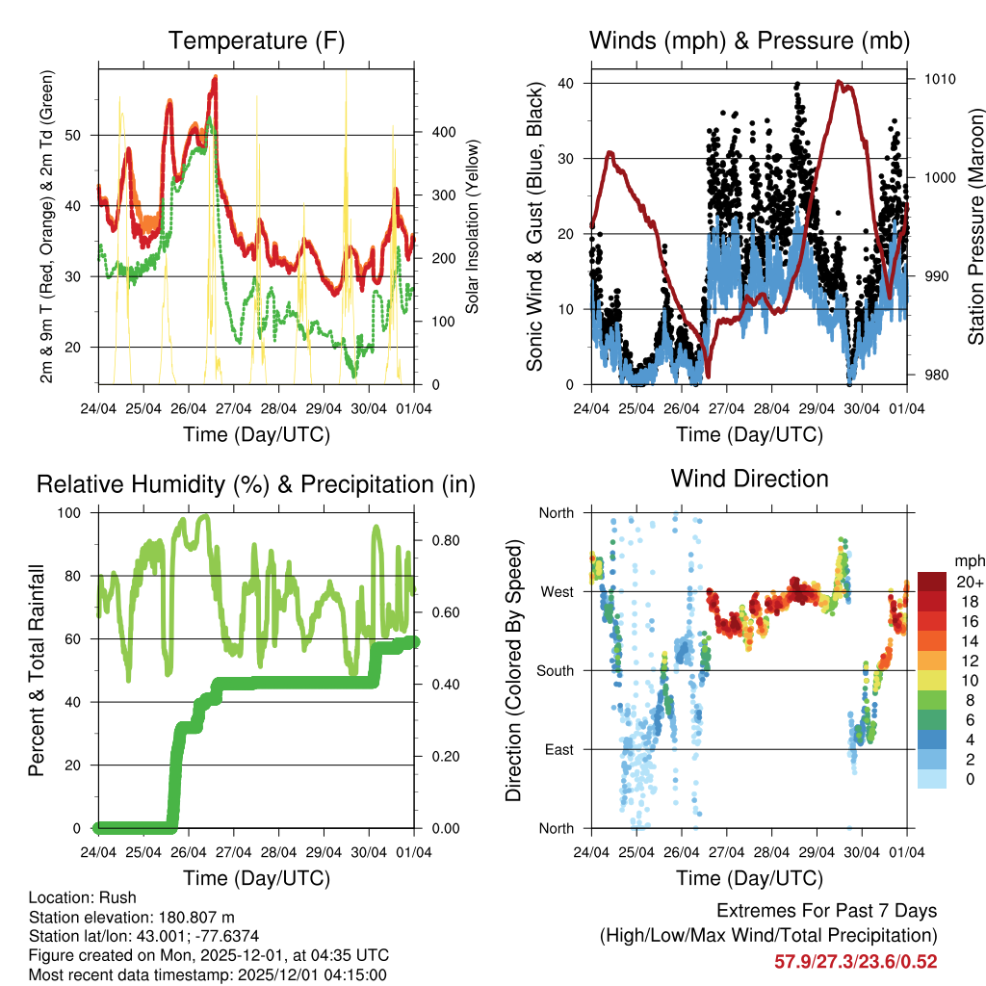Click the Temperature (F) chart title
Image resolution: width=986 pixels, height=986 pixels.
click(256, 40)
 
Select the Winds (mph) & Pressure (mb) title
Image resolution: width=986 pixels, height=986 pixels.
click(749, 40)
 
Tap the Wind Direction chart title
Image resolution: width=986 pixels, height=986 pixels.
click(749, 479)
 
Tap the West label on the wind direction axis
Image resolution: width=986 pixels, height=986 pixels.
click(557, 591)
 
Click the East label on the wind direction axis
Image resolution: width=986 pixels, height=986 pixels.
click(558, 749)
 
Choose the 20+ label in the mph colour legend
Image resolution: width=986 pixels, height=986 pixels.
click(968, 582)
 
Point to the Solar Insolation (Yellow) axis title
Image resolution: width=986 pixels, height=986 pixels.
click(472, 227)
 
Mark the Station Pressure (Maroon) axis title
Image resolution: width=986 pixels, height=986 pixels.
click(975, 227)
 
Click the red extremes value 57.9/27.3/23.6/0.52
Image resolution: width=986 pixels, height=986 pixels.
click(855, 962)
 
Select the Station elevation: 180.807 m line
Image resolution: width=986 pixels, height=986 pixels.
click(132, 918)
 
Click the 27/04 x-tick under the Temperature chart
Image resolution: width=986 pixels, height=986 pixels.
click(233, 407)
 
